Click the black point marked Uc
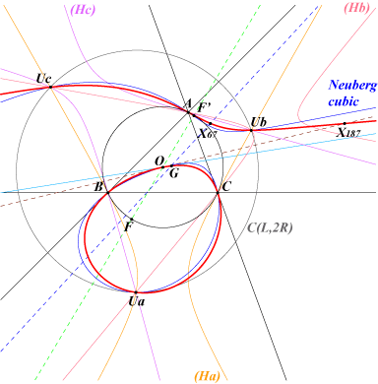click(50, 87)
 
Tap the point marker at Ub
click(251, 130)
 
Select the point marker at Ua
click(136, 292)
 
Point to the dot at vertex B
click(108, 193)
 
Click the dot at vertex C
click(218, 193)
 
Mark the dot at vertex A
click(188, 112)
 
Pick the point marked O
click(163, 167)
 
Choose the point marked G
click(171, 165)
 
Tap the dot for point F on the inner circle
click(132, 219)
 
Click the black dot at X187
click(345, 124)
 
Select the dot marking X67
click(211, 124)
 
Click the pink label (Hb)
click(357, 8)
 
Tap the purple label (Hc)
click(83, 10)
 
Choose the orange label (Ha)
click(207, 376)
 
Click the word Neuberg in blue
click(352, 86)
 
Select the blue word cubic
click(344, 101)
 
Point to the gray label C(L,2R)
click(270, 227)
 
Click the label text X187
click(349, 133)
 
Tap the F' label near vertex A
click(205, 107)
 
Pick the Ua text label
click(136, 301)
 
